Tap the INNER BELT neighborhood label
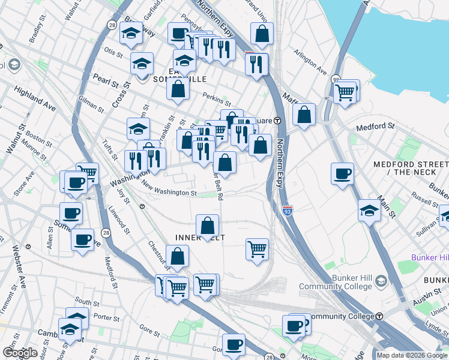pos(200,238)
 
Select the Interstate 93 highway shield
pos(287,210)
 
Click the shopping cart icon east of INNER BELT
pos(257,248)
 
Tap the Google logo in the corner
pos(20,353)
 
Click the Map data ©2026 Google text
pos(412,355)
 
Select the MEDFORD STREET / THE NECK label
pos(411,168)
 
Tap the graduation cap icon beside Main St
pos(369,211)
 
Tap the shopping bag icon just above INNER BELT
pos(207,226)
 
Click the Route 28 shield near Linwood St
pos(106,232)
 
